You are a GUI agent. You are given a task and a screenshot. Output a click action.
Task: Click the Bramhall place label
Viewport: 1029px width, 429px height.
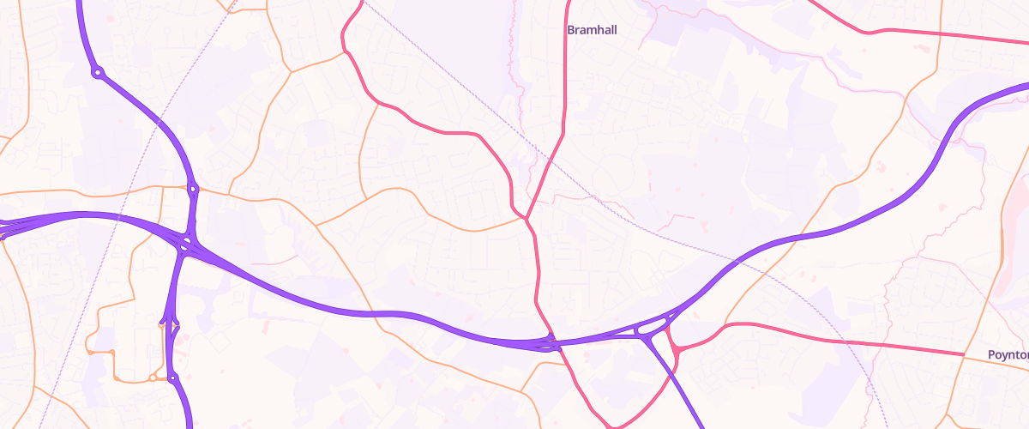(x=592, y=29)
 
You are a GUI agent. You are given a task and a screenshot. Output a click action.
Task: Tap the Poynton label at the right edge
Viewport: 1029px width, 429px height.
(x=1008, y=354)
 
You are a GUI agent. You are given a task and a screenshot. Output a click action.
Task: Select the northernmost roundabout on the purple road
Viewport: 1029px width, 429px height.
(x=99, y=74)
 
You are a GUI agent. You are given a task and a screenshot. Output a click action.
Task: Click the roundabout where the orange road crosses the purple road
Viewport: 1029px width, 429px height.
(x=194, y=189)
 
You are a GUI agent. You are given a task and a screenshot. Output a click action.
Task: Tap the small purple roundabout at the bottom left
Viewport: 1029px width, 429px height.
(x=172, y=378)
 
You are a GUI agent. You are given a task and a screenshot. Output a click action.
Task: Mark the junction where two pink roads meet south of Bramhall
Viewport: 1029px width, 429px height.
(x=526, y=218)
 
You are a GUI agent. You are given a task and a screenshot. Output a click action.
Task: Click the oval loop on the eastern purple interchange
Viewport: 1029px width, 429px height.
(x=651, y=327)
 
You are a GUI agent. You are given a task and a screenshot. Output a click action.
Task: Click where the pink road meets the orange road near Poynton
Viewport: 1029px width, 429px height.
(x=964, y=353)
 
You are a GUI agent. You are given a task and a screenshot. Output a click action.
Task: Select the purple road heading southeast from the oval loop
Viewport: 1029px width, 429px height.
(x=682, y=386)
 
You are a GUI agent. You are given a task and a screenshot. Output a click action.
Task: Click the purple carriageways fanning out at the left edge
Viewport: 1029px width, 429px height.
(x=10, y=227)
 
